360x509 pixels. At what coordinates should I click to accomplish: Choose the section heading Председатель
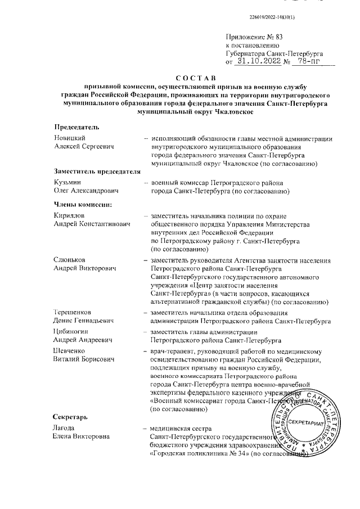[76, 128]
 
